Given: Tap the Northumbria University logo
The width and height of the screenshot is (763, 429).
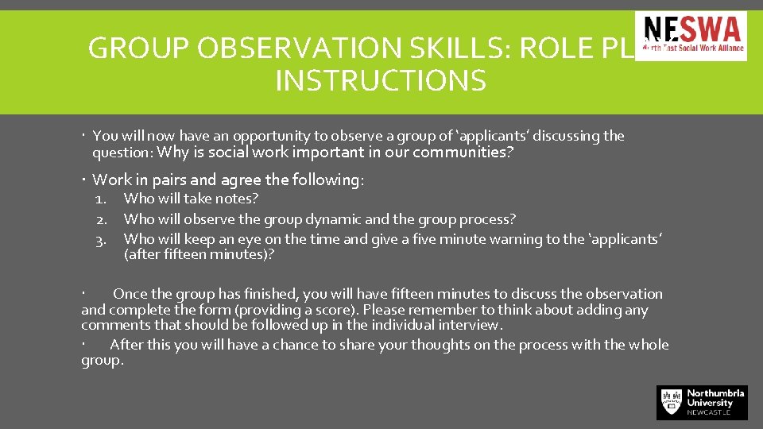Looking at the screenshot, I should (x=702, y=402).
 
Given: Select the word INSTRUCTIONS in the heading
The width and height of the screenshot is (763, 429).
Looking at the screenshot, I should (x=380, y=81).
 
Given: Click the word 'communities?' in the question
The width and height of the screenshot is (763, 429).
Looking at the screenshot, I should (x=462, y=153).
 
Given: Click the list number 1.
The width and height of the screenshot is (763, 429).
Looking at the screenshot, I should (x=100, y=199).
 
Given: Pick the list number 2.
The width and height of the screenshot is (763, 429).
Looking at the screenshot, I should (x=100, y=219).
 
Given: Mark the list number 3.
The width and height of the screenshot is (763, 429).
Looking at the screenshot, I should (x=100, y=239).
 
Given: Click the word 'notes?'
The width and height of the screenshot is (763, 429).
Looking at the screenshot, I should (x=238, y=199).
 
